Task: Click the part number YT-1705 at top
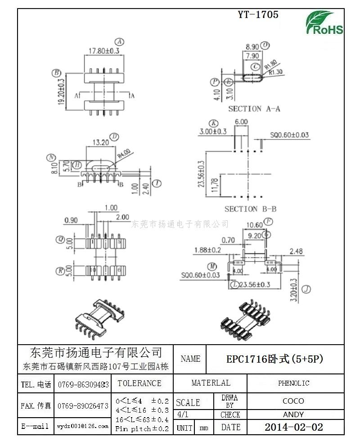(258, 14)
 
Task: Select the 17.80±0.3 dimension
(103, 51)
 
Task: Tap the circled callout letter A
(120, 41)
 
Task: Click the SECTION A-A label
(254, 109)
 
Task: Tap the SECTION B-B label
(250, 209)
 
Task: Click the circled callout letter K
(213, 123)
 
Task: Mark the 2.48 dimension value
(296, 251)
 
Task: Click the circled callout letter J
(306, 289)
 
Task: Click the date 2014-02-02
(293, 427)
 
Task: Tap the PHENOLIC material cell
(293, 383)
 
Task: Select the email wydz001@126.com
(83, 426)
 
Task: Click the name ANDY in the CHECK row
(293, 414)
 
